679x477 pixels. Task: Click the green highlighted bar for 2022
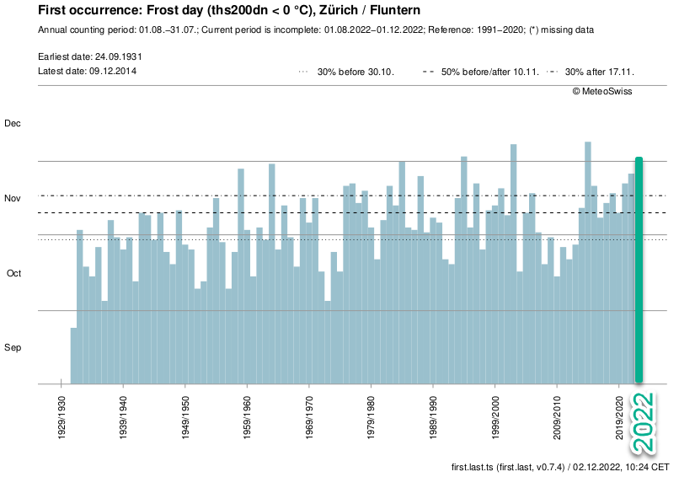(x=639, y=270)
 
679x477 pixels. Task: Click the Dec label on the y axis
(x=13, y=124)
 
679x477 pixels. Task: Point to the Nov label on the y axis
(x=13, y=199)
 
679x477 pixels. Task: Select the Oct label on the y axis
(x=13, y=274)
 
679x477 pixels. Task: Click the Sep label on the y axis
(x=13, y=348)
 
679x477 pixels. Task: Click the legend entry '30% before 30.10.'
(x=346, y=72)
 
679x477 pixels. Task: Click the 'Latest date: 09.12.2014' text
(x=88, y=71)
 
